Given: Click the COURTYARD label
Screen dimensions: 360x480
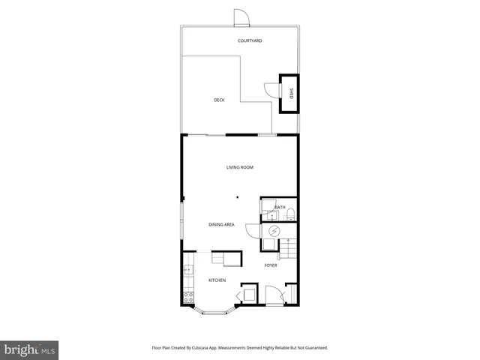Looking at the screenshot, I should (x=250, y=40).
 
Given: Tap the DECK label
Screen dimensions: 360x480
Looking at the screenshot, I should (x=218, y=100).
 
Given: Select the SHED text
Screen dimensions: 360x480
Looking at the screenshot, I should (x=292, y=93).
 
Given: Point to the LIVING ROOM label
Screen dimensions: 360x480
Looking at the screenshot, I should (x=239, y=167).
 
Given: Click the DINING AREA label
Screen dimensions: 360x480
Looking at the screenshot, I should (x=221, y=224).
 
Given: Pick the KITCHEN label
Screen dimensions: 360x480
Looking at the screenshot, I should (x=217, y=280).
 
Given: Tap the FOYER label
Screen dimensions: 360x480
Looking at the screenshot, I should (x=271, y=265).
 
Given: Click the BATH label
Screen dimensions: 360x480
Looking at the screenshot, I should (x=280, y=207).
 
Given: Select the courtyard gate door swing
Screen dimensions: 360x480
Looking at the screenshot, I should (x=240, y=17).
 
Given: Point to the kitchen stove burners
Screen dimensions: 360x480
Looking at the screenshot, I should (x=188, y=296).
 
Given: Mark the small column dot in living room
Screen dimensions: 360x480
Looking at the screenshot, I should (x=237, y=197).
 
